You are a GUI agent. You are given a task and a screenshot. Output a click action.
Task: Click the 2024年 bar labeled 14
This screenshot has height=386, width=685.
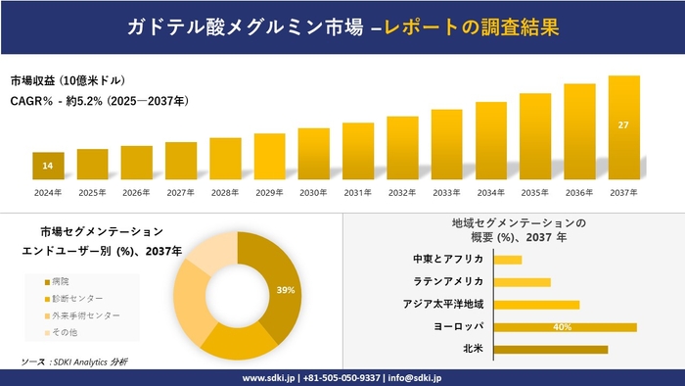48,167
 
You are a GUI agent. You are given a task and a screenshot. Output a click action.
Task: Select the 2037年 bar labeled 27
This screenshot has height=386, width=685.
623,128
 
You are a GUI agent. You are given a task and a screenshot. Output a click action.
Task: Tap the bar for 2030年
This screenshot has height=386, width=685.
313,154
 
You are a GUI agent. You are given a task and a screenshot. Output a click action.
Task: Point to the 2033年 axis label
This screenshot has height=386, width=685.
446,192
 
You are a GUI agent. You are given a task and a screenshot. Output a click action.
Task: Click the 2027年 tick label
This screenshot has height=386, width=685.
181,192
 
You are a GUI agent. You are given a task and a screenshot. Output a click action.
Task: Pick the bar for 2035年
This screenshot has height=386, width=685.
535,137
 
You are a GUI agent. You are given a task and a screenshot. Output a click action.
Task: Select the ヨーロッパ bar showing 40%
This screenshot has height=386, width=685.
566,327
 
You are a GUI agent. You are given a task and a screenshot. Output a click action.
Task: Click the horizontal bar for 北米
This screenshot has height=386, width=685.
551,349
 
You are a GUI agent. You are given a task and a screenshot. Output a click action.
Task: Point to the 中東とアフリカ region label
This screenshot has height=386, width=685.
449,260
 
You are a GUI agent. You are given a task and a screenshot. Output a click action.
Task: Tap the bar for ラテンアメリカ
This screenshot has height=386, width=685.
523,282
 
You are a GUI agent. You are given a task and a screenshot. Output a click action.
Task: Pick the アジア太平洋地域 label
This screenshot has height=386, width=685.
443,305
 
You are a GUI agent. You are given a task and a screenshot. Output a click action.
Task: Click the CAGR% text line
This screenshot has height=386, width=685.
98,101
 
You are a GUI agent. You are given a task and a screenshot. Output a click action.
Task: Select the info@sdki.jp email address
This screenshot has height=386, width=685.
416,377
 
